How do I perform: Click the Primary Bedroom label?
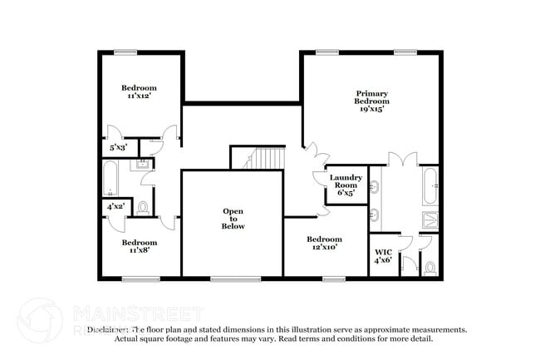click(x=371, y=97)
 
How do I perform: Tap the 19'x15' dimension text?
click(x=371, y=109)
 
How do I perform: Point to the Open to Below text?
click(x=233, y=219)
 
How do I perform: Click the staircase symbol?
click(x=268, y=158)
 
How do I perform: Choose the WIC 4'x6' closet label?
click(x=383, y=256)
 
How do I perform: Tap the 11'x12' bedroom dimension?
click(x=139, y=96)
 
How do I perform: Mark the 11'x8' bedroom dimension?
click(x=139, y=251)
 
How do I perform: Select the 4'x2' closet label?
click(x=115, y=205)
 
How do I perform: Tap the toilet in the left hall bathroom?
click(x=143, y=206)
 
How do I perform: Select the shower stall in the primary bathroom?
click(x=430, y=219)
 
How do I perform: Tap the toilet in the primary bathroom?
click(x=430, y=268)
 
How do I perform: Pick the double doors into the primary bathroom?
click(x=402, y=158)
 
